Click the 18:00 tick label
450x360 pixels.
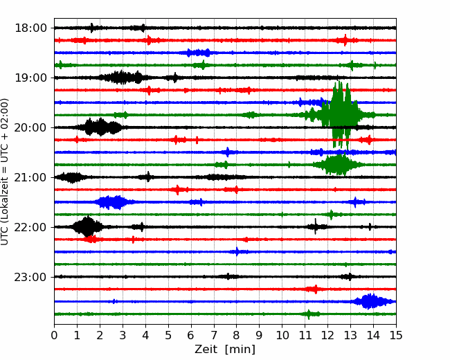[30, 28]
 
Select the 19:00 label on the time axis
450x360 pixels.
[30, 78]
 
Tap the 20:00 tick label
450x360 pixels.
[30, 127]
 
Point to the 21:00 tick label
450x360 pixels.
[30, 177]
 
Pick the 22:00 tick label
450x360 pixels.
[30, 227]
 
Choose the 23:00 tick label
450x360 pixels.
[30, 277]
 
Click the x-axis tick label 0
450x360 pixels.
[54, 335]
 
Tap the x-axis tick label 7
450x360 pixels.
[214, 335]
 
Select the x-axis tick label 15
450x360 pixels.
[396, 335]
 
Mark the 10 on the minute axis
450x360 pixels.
[282, 335]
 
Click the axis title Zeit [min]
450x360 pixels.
[225, 350]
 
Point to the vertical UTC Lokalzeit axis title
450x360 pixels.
[5, 172]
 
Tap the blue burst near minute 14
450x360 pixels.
[371, 301]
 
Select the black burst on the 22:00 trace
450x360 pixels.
[87, 227]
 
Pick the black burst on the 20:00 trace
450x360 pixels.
[100, 127]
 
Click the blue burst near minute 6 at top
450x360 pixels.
[198, 53]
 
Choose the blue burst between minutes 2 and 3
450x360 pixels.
[112, 202]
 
